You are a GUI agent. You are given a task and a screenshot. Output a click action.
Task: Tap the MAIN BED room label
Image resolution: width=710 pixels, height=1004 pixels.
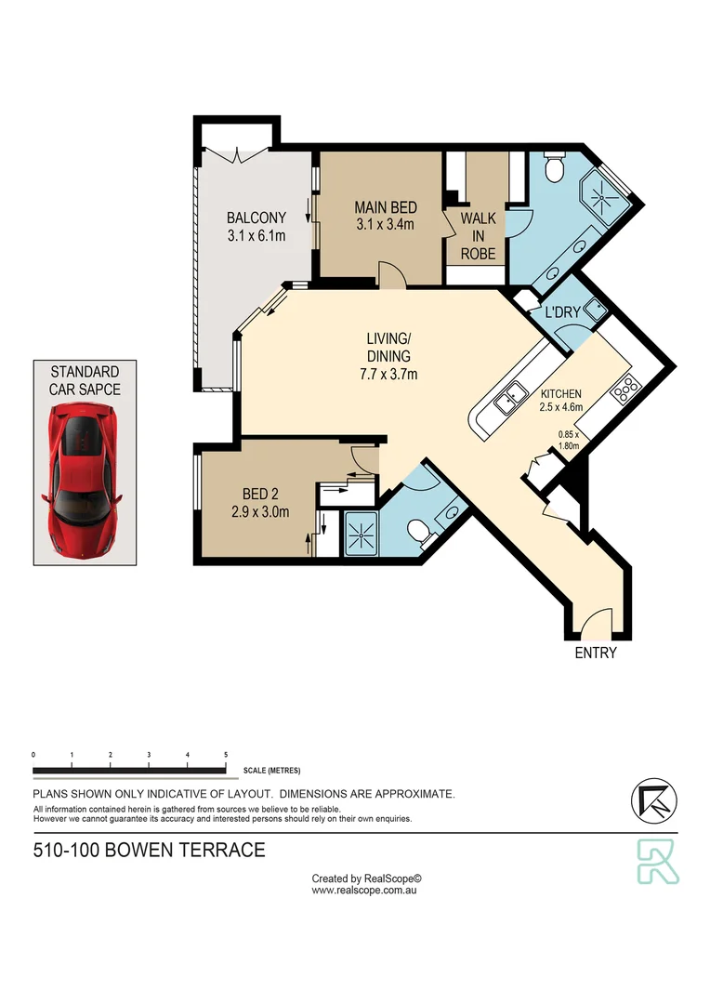click(385, 216)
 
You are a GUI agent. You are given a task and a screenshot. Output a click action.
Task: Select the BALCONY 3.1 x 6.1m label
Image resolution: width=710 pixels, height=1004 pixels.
click(256, 226)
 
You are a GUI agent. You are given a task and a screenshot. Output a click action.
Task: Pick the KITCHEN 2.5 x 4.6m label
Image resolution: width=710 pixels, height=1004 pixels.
click(560, 399)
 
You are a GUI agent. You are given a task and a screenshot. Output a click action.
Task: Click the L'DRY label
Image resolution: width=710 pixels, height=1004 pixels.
click(561, 312)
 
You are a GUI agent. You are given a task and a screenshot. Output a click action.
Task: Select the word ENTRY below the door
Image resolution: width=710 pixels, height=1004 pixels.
click(596, 653)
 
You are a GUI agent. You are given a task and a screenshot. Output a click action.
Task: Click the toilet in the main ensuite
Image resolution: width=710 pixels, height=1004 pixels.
click(554, 170)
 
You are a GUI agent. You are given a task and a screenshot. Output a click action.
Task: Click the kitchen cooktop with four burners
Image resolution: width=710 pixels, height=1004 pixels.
click(625, 389)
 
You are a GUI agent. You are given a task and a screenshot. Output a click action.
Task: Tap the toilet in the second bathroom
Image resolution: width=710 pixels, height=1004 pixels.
click(421, 531)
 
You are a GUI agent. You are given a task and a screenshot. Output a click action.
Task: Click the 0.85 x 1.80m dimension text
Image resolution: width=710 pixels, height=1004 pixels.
click(568, 439)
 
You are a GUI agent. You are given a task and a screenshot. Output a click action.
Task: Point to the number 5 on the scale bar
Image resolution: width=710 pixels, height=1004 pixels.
click(226, 755)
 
